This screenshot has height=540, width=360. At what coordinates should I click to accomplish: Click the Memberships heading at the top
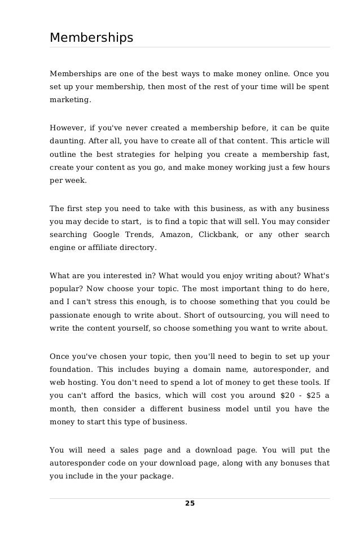point(91,38)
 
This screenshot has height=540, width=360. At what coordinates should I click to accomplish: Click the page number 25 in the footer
point(190,503)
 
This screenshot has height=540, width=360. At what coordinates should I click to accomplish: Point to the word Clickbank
point(217,234)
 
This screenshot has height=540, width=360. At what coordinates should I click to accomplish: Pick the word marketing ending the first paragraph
point(69,100)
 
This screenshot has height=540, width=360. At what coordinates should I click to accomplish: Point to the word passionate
point(72,314)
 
